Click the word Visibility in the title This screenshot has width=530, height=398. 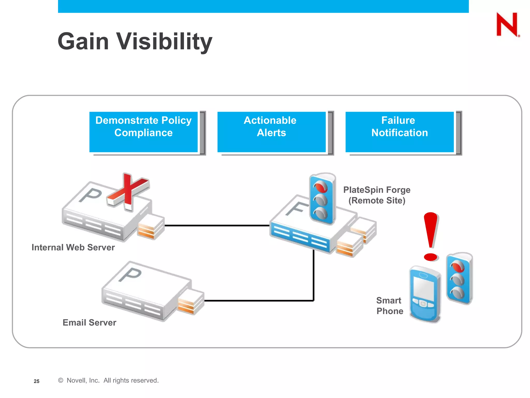[164, 41]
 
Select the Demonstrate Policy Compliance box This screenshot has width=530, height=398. [143, 132]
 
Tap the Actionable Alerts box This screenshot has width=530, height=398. [271, 132]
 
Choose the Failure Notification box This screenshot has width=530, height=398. [399, 132]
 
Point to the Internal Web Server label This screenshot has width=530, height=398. [73, 247]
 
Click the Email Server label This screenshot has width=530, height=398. [89, 323]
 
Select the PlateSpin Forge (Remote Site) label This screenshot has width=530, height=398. [377, 195]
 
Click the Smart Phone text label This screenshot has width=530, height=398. [389, 306]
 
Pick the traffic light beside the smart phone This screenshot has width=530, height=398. [459, 279]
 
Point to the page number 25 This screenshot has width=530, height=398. [36, 381]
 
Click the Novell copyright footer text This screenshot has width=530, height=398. [109, 380]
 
